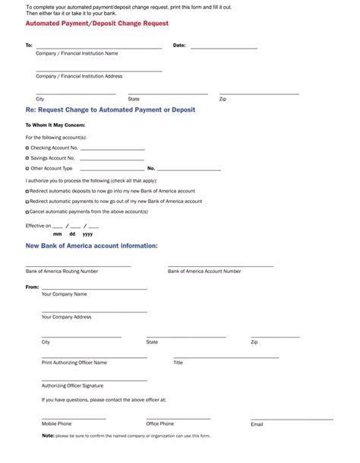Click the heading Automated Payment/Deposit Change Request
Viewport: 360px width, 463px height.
click(97, 24)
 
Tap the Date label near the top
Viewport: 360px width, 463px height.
click(179, 46)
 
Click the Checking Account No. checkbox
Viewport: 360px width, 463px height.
click(27, 147)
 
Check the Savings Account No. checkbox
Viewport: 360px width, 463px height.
click(27, 158)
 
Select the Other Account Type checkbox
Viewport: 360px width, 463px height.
click(27, 168)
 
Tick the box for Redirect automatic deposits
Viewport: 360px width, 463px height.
click(27, 191)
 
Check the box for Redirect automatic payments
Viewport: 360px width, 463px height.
click(27, 201)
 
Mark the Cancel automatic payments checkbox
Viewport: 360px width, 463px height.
click(27, 211)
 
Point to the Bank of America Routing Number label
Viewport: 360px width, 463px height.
click(62, 271)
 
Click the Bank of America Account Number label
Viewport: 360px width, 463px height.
click(204, 271)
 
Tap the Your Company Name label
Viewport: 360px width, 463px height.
click(64, 294)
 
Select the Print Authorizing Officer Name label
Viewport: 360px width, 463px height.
click(74, 363)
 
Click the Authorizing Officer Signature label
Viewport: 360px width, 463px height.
click(72, 385)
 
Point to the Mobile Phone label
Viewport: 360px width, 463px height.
click(56, 423)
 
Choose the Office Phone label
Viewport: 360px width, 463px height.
click(159, 423)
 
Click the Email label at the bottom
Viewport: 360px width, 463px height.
click(257, 424)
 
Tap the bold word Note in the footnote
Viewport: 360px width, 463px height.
click(48, 436)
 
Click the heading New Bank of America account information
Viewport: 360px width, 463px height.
click(92, 246)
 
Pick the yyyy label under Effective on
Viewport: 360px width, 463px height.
click(87, 234)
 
